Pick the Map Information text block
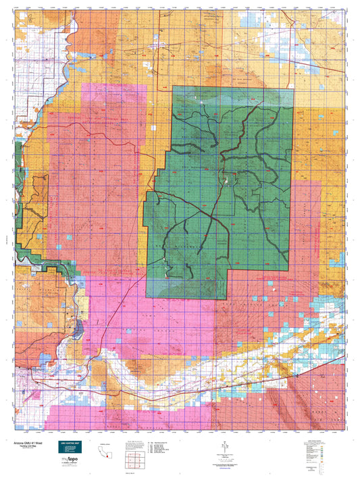tap(134, 443)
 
